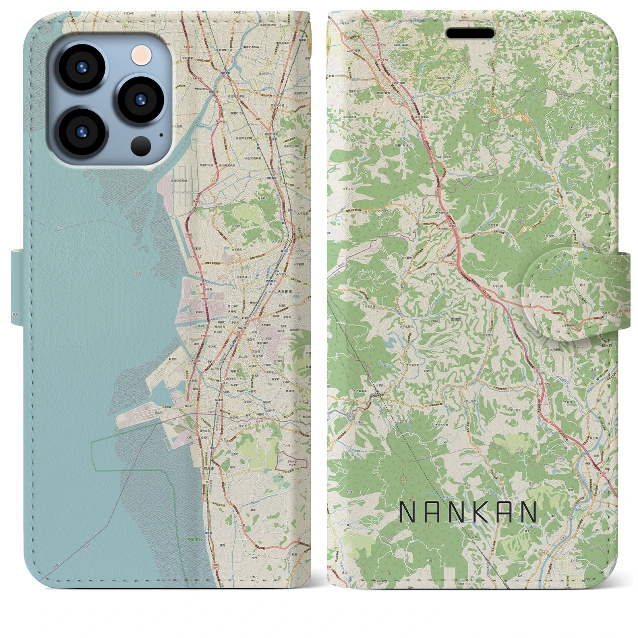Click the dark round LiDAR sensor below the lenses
141,146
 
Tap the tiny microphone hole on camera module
160,134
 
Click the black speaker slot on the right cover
470,33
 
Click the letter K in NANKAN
469,512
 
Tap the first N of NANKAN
408,512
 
